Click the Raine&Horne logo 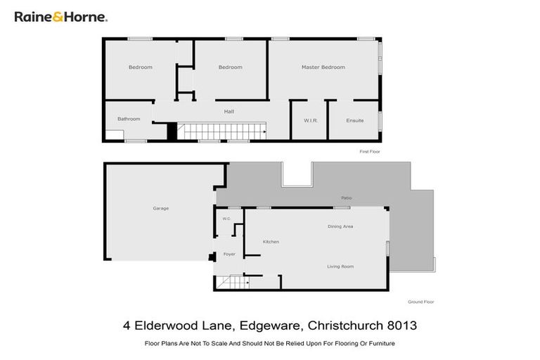coord(60,16)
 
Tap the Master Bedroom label coord(323,67)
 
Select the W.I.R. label coord(311,120)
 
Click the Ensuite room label coord(355,120)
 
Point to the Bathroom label coord(129,119)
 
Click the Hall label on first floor coord(229,111)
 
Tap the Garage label coord(161,208)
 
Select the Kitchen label coord(271,242)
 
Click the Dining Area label coord(340,226)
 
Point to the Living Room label coord(340,266)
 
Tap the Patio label coord(346,198)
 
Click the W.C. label coord(226,219)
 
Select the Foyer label coord(229,254)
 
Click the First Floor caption coord(370,151)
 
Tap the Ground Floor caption coord(420,302)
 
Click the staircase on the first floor coord(219,131)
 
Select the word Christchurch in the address coord(340,326)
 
